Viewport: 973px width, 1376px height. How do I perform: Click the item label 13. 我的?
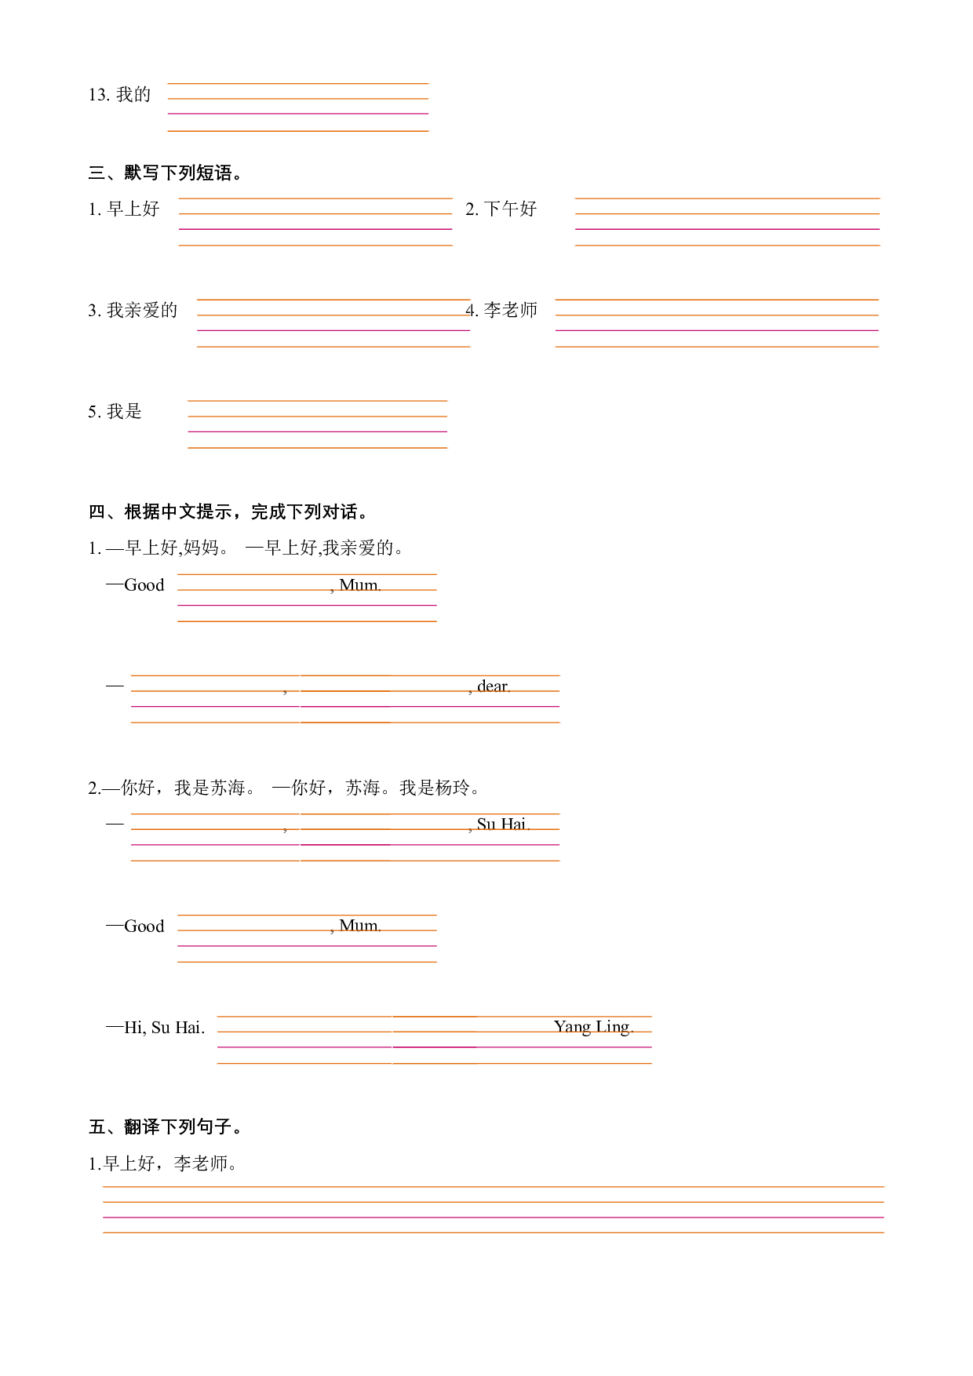point(119,95)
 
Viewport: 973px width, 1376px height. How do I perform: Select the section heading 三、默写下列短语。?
point(165,173)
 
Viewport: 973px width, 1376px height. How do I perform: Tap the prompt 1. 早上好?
point(124,209)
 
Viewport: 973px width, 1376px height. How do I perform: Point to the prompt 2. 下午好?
point(501,209)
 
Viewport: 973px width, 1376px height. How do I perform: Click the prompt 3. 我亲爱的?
point(133,310)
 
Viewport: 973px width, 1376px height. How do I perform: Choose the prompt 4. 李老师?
point(501,310)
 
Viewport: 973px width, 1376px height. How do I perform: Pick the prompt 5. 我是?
point(115,411)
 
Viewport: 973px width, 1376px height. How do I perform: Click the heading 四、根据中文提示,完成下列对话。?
point(228,511)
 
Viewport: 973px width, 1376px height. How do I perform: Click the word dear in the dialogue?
point(492,686)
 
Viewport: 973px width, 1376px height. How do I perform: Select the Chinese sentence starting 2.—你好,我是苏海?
point(284,788)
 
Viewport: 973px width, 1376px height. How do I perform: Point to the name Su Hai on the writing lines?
point(501,824)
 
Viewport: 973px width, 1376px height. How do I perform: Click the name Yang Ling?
point(592,1027)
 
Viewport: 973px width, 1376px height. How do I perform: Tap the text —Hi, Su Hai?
point(155,1027)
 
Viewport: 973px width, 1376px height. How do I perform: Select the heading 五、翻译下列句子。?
point(165,1127)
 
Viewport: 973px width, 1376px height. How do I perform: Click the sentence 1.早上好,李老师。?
point(162,1163)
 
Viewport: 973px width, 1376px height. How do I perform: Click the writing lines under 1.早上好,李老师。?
point(493,1210)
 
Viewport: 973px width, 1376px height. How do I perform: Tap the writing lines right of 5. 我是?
point(317,424)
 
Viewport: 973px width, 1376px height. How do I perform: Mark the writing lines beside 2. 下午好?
point(727,222)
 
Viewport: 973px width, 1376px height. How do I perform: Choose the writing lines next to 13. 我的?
point(298,107)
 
